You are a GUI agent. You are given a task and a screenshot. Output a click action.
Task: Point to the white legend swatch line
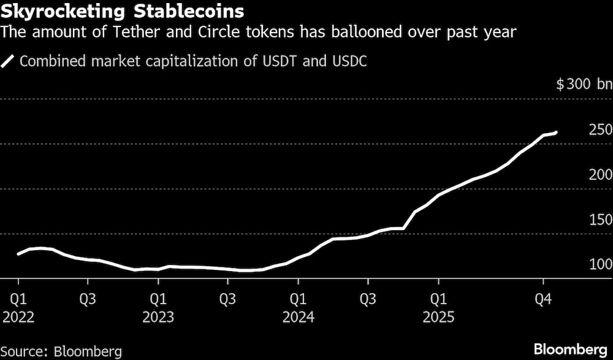coord(8,61)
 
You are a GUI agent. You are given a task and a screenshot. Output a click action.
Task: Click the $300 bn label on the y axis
coord(583,85)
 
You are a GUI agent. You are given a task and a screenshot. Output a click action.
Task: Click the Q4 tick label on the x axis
coord(543,300)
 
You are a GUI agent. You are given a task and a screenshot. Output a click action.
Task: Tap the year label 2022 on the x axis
coord(18,318)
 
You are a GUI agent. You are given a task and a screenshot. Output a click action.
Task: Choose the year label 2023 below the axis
coord(158,318)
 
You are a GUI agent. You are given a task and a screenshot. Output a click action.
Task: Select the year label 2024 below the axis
coord(298,318)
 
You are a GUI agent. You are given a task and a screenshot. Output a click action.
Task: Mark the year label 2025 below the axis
coord(438,318)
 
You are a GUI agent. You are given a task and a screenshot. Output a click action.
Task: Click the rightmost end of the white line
coord(555,132)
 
